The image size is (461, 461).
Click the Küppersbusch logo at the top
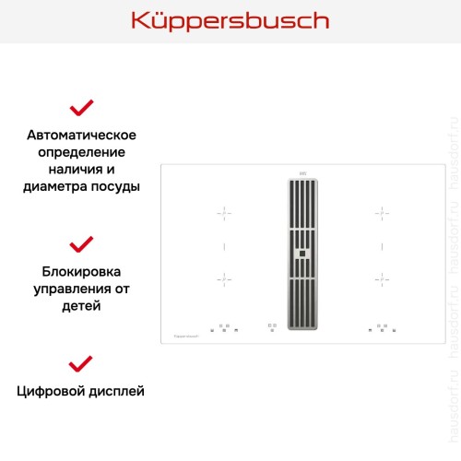coord(230,20)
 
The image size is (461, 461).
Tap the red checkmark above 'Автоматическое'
coord(82,109)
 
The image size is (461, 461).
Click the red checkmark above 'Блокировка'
coord(82,244)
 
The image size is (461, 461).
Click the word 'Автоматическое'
coord(82,134)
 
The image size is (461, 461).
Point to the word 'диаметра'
coord(53,186)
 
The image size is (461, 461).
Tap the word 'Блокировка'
coord(82,272)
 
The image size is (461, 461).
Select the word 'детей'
coord(82,306)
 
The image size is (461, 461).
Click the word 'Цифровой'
coord(52,391)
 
